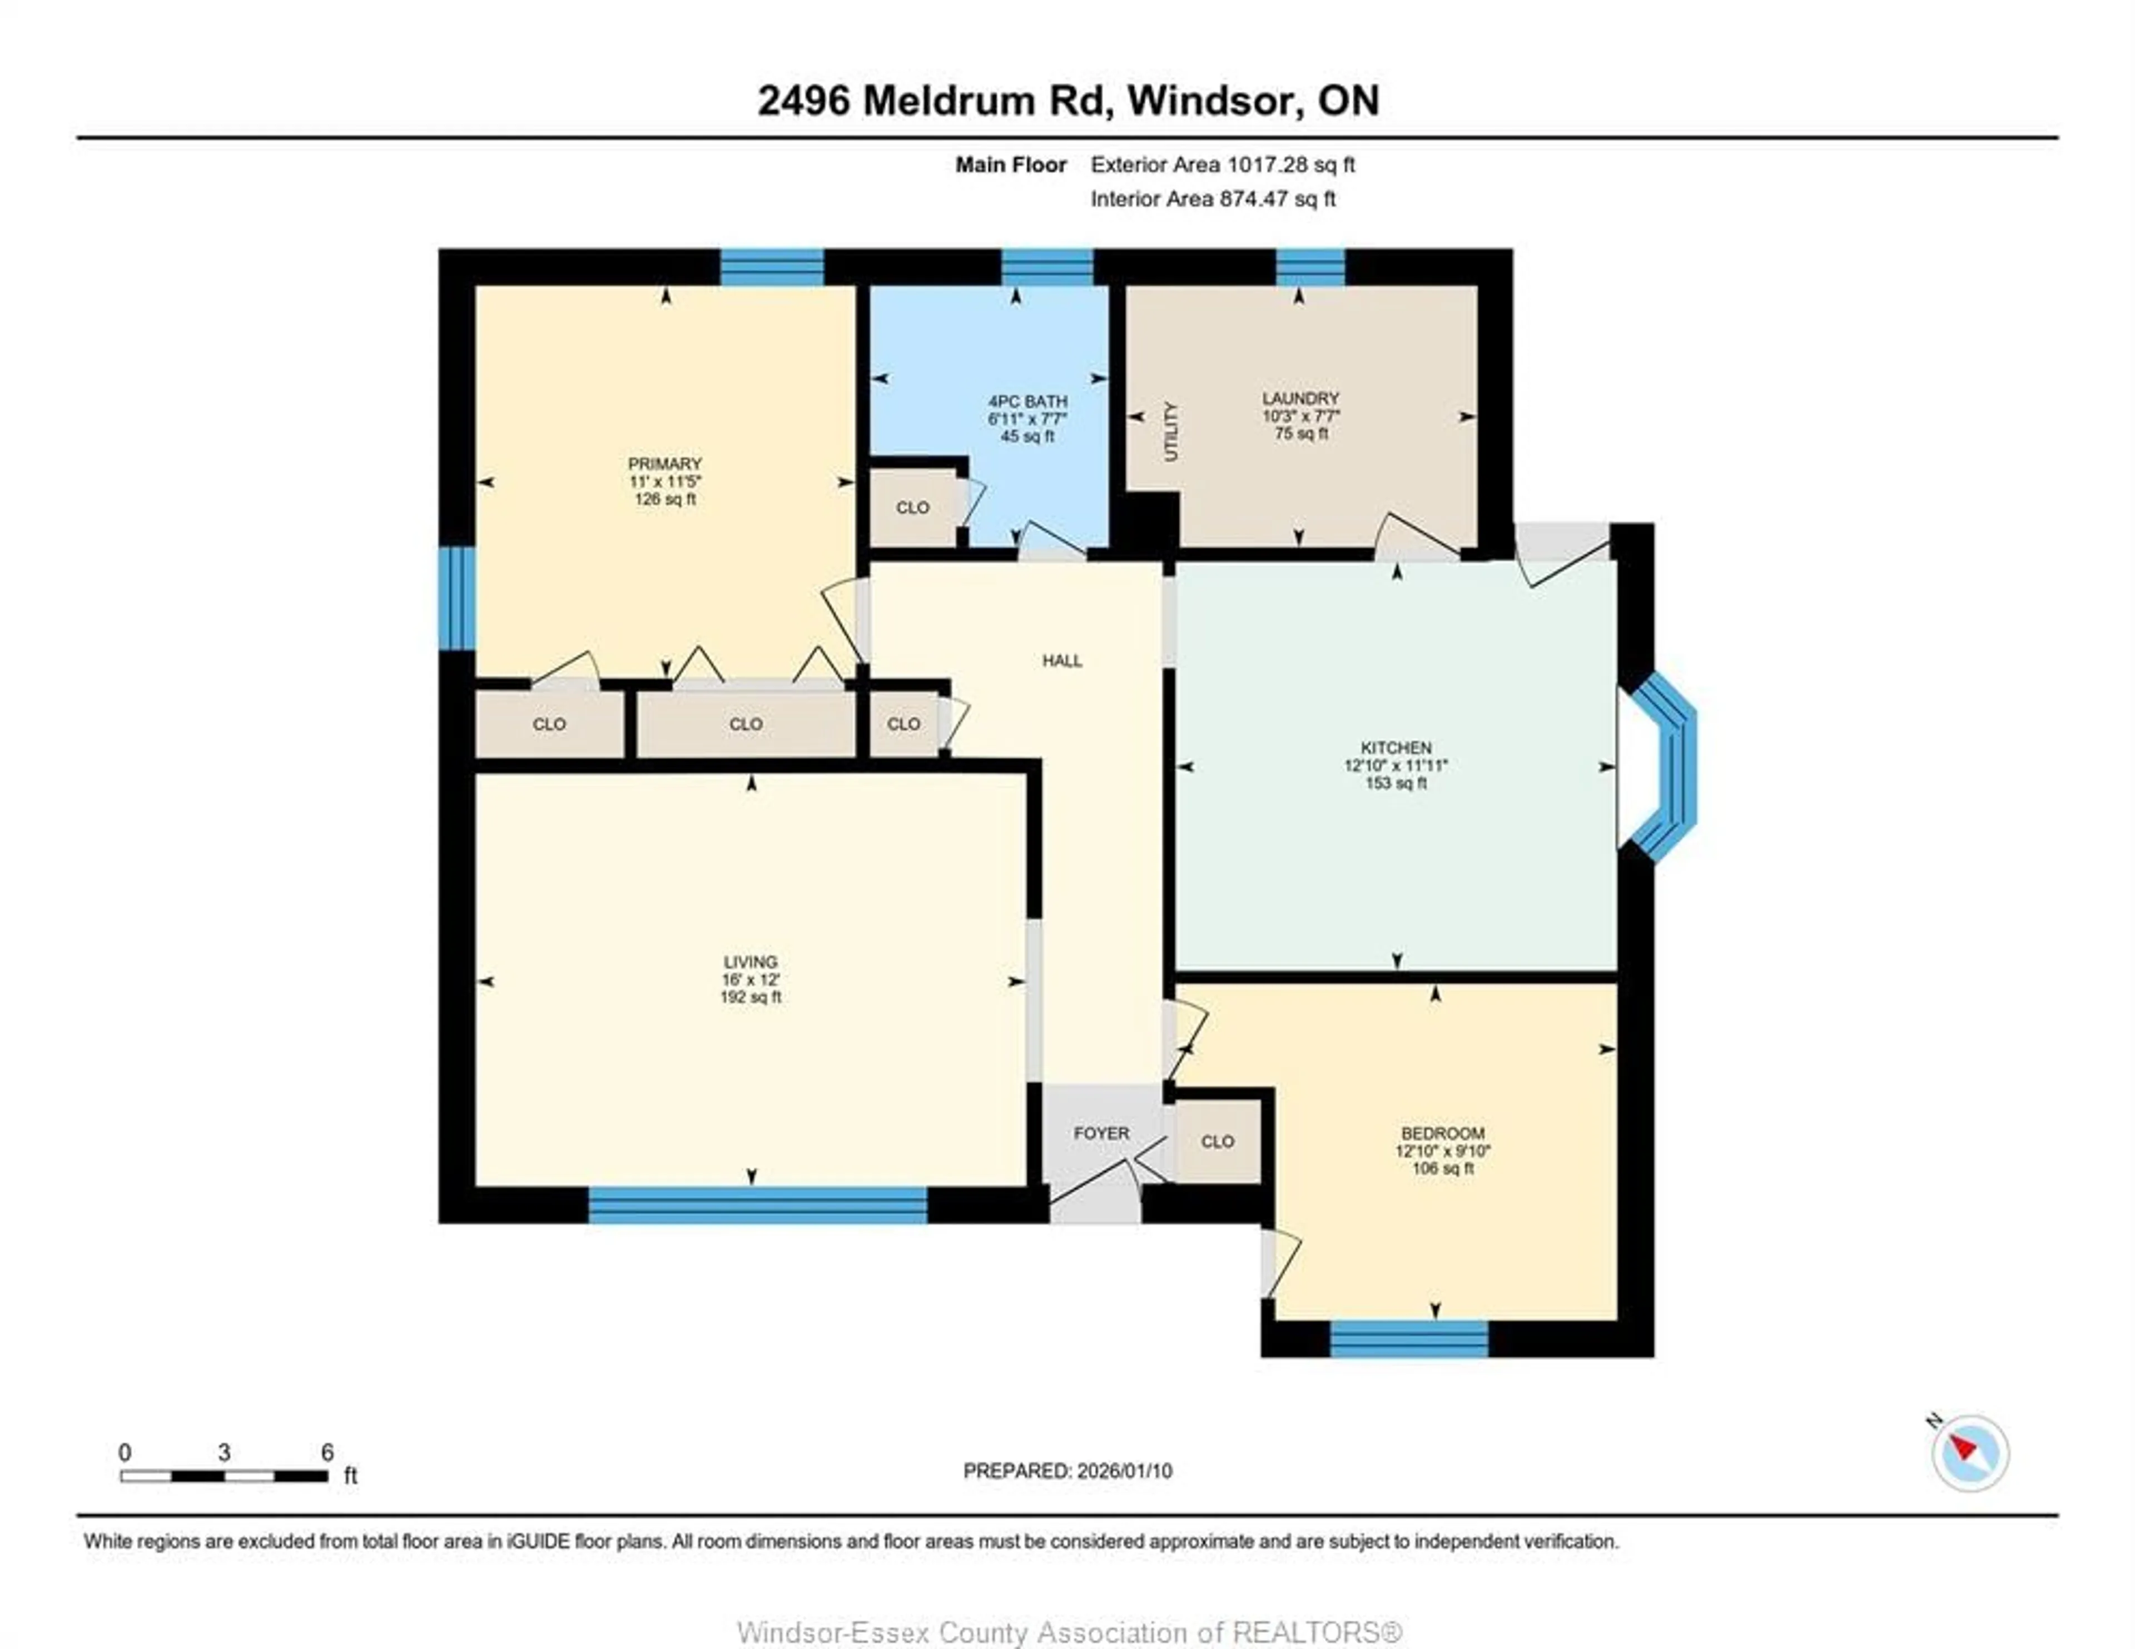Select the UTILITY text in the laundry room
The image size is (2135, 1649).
(x=1171, y=431)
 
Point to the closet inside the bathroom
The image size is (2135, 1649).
(x=913, y=507)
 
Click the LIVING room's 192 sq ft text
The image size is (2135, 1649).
(x=751, y=997)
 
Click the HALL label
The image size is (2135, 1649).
(x=1061, y=661)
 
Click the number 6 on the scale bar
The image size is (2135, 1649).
(x=327, y=1452)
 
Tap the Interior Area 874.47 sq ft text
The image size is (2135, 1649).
(x=1212, y=198)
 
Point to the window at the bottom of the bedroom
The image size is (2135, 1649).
(x=1409, y=1338)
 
